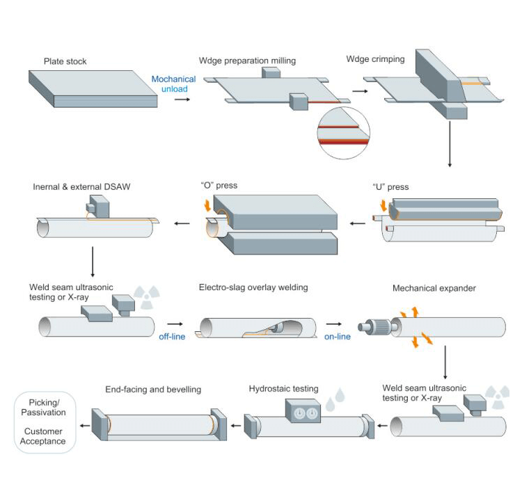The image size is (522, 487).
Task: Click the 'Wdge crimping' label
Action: click(x=375, y=59)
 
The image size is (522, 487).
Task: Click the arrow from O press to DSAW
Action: click(x=182, y=223)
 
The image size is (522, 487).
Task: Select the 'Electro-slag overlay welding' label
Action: click(x=253, y=287)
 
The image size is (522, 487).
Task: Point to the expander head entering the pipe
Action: click(x=380, y=326)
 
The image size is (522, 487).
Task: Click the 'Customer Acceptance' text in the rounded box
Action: click(x=42, y=436)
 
